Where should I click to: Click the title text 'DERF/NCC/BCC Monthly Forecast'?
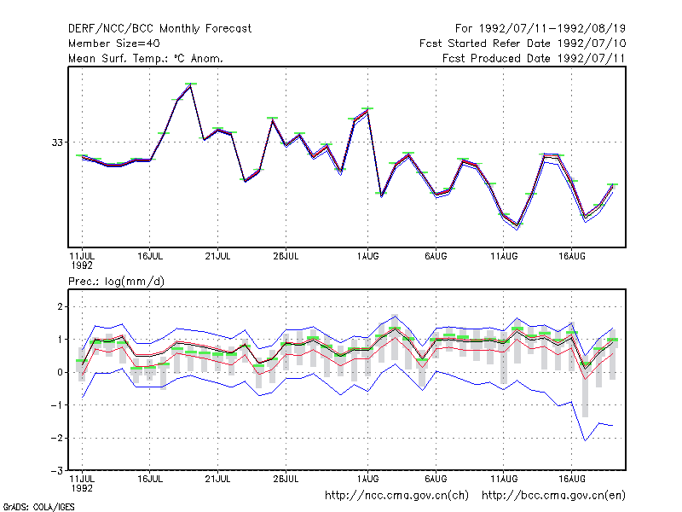(159, 29)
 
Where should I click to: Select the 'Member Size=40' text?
(114, 44)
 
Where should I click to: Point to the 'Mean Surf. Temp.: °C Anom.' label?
(146, 58)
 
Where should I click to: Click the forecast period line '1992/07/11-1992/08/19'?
(552, 29)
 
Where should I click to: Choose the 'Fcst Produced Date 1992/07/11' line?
(535, 58)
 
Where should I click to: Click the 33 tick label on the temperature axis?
(57, 143)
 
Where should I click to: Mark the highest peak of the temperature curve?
(190, 86)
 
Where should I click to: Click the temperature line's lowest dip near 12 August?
(517, 226)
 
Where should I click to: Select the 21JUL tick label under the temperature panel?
(218, 257)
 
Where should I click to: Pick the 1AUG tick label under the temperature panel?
(368, 257)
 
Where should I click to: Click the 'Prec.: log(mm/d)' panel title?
(116, 282)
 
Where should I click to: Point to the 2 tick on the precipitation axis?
(60, 306)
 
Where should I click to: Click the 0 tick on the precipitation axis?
(60, 372)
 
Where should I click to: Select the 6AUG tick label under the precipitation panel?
(436, 479)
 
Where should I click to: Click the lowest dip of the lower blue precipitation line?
(585, 440)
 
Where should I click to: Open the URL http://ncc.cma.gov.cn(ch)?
(397, 496)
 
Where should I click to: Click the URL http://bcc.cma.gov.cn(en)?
(553, 496)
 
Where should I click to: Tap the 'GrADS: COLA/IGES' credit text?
(38, 507)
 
